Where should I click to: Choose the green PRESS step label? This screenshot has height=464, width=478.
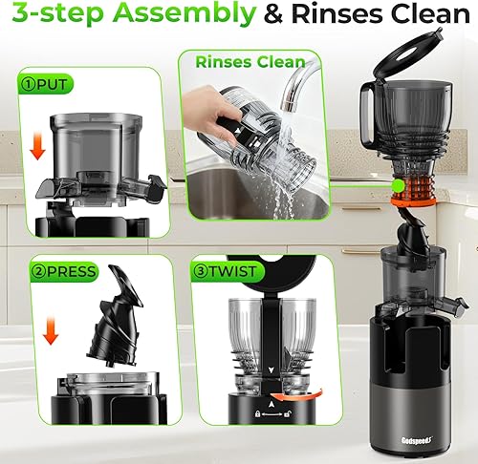pyautogui.click(x=58, y=271)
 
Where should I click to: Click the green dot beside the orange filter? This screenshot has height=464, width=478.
pyautogui.click(x=395, y=184)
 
